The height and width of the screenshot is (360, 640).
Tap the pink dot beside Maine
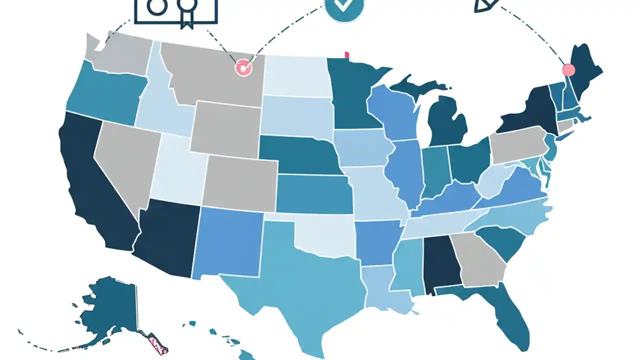coord(568,69)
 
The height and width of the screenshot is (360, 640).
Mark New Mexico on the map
coord(227,242)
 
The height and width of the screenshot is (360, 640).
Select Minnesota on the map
coord(352,95)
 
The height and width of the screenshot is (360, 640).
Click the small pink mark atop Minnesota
coord(346,55)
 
